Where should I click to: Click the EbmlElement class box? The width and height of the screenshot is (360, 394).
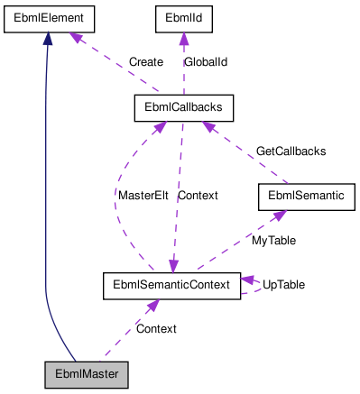click(48, 17)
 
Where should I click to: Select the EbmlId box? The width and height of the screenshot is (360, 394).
click(183, 17)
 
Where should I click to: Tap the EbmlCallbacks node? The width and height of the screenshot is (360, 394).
click(184, 107)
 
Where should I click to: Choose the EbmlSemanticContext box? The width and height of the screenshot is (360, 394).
click(171, 285)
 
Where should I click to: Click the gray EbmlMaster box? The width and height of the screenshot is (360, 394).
click(88, 373)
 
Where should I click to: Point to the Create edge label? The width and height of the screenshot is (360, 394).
click(145, 62)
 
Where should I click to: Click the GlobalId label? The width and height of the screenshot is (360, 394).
click(205, 62)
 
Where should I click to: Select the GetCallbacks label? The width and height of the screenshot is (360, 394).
click(291, 151)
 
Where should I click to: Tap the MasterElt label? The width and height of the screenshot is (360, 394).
click(143, 195)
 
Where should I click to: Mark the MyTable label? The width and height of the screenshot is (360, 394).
click(273, 241)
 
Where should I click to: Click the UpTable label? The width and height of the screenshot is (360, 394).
click(283, 284)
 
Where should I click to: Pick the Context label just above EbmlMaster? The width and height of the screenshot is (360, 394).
click(156, 328)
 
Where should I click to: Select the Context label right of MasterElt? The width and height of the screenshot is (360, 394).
click(197, 195)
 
